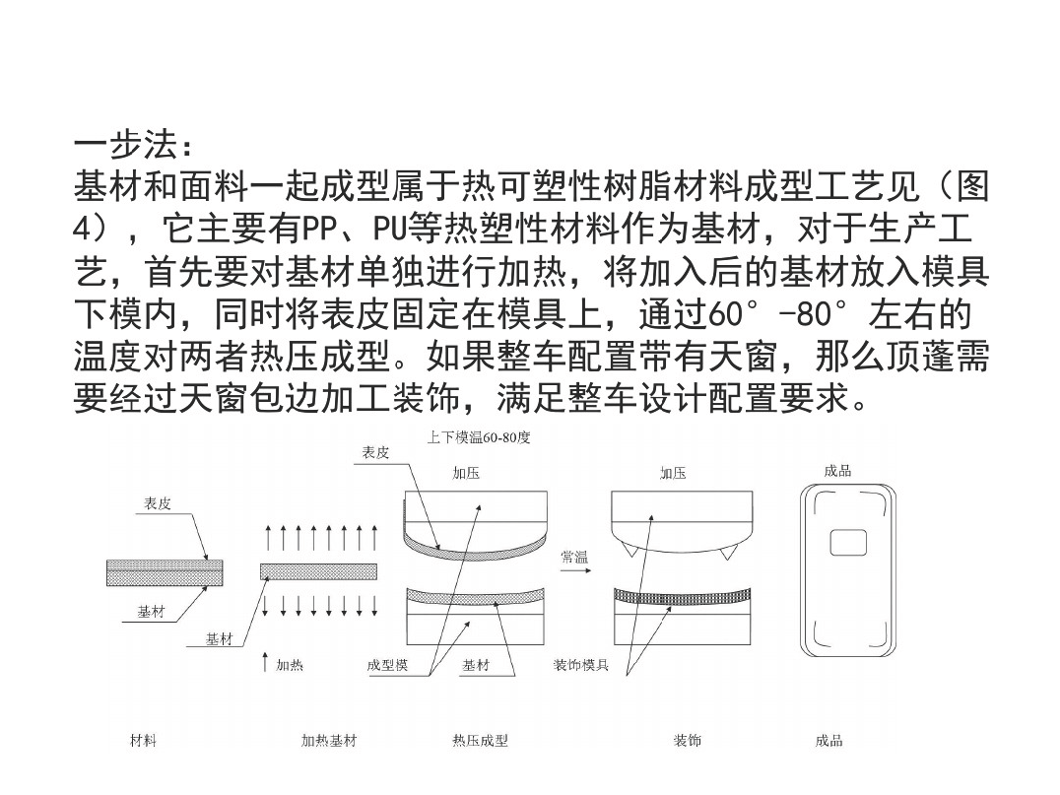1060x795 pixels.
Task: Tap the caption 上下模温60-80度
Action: [479, 437]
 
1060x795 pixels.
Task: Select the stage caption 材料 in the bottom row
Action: [143, 740]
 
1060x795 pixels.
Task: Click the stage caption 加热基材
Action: [329, 740]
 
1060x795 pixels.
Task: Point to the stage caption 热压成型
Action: [480, 740]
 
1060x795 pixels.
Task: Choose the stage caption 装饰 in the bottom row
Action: [687, 740]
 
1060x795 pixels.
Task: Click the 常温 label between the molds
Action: [574, 557]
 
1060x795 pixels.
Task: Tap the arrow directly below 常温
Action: [575, 571]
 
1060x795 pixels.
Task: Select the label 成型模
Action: [387, 665]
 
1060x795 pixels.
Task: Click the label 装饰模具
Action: [580, 665]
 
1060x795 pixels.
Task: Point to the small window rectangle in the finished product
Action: [848, 542]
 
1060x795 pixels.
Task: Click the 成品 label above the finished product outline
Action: [837, 471]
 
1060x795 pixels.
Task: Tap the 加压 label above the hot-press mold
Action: [466, 473]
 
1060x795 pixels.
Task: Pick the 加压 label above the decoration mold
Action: [673, 473]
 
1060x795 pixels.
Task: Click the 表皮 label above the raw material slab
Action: [157, 503]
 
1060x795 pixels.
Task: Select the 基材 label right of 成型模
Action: [475, 665]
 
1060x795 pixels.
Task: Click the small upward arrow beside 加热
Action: [265, 662]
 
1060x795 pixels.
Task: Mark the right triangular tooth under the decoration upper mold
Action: [728, 553]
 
